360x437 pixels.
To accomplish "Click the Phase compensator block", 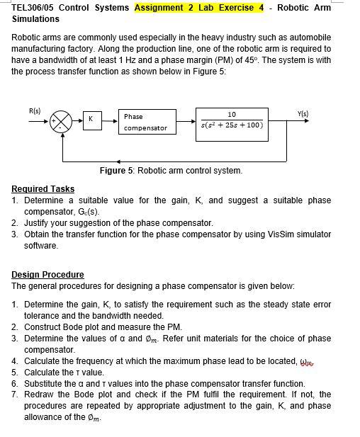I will pyautogui.click(x=145, y=121).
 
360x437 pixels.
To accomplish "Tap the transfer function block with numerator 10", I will pyautogui.click(x=232, y=120).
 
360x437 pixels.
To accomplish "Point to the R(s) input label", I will pyautogui.click(x=35, y=110).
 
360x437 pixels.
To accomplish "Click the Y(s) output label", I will pyautogui.click(x=303, y=112).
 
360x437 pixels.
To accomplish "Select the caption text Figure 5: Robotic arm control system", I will pyautogui.click(x=171, y=171).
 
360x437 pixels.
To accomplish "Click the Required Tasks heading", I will pyautogui.click(x=43, y=189).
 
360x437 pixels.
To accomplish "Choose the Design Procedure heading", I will pyautogui.click(x=47, y=275).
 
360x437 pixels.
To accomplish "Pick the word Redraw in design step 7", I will pyautogui.click(x=40, y=394).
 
